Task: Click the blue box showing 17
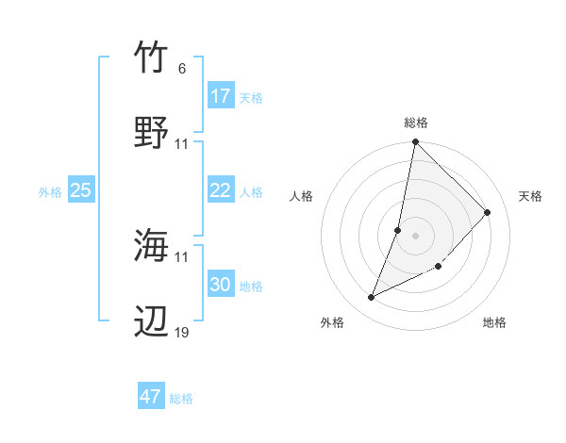(x=221, y=96)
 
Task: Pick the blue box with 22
(x=221, y=190)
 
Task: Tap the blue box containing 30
(x=221, y=285)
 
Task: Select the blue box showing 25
(x=81, y=190)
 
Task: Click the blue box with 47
(x=151, y=397)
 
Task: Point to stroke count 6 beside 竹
(x=181, y=69)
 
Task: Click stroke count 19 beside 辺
(x=182, y=332)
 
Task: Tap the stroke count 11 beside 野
(x=182, y=144)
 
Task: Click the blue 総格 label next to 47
(x=181, y=399)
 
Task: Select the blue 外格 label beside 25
(x=50, y=192)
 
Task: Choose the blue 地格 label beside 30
(x=251, y=287)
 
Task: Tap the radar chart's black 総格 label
(x=416, y=123)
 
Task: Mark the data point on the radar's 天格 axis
(x=488, y=212)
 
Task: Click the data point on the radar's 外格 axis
(x=372, y=298)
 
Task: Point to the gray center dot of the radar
(x=416, y=236)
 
